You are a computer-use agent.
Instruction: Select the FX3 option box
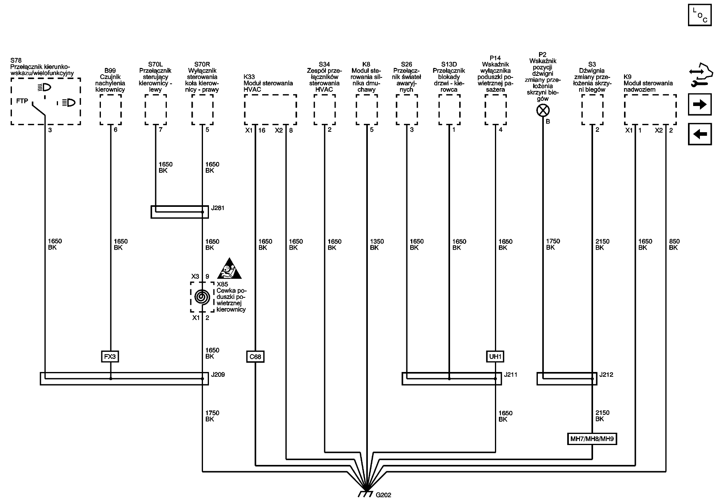110,357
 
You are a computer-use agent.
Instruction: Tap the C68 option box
255,357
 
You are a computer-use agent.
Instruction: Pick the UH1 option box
495,357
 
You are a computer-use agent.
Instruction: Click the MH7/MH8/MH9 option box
592,439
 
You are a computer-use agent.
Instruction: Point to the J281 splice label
218,208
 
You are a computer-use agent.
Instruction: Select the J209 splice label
218,374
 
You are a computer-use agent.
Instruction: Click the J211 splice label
510,374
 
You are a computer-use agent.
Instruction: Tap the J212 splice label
606,374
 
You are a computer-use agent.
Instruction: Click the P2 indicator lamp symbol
543,110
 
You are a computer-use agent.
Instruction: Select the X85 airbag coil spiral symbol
202,297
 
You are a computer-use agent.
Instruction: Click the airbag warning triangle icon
229,269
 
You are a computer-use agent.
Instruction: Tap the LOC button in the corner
700,15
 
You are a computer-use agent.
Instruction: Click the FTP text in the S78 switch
22,101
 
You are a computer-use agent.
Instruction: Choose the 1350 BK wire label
377,245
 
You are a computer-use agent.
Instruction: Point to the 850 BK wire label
674,245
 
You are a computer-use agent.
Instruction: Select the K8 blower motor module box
367,110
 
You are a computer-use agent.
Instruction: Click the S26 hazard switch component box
407,110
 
